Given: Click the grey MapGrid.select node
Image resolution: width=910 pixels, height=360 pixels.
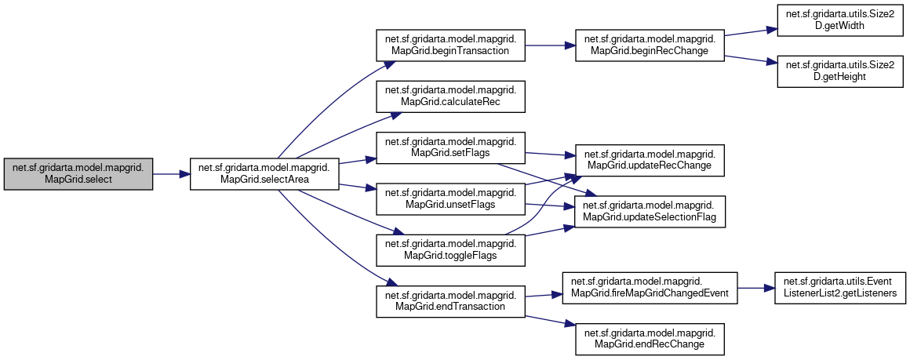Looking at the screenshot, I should click(78, 173).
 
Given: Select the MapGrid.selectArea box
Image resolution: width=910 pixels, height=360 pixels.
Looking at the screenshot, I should click(264, 173).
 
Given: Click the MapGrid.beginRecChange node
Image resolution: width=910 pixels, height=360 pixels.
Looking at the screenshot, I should click(649, 45).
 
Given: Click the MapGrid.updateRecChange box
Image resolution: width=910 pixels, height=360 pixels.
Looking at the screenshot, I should click(649, 160).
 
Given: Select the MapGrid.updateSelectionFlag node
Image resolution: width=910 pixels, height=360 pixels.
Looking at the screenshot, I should click(649, 212).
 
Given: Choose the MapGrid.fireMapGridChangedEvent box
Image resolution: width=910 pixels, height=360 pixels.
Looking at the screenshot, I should click(649, 289).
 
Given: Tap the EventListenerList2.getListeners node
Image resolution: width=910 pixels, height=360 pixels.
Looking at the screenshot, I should click(841, 289).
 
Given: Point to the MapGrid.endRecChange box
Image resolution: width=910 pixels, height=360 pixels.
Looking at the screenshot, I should click(649, 338).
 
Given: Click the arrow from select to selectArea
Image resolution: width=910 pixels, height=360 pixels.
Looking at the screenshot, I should click(171, 173).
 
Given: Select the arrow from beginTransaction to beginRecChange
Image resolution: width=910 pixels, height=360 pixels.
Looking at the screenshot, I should click(549, 45).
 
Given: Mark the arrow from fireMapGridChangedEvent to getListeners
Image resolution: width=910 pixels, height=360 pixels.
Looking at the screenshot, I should click(755, 289).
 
